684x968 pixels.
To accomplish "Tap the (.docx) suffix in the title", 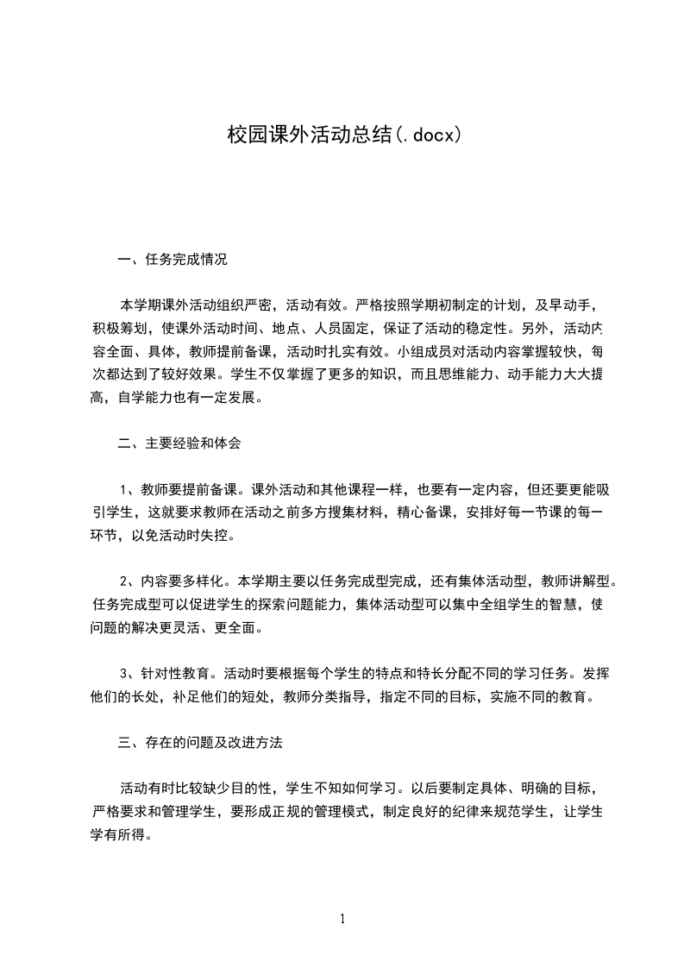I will [x=428, y=135].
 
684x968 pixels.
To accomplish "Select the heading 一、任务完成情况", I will [x=173, y=259].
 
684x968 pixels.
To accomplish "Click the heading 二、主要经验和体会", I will [x=179, y=443].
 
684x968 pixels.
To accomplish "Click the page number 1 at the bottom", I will [x=342, y=919].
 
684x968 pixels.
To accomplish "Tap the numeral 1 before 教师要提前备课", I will [x=124, y=489].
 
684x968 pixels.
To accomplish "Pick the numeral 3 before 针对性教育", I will [x=124, y=674].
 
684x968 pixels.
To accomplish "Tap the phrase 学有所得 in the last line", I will [x=119, y=834].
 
